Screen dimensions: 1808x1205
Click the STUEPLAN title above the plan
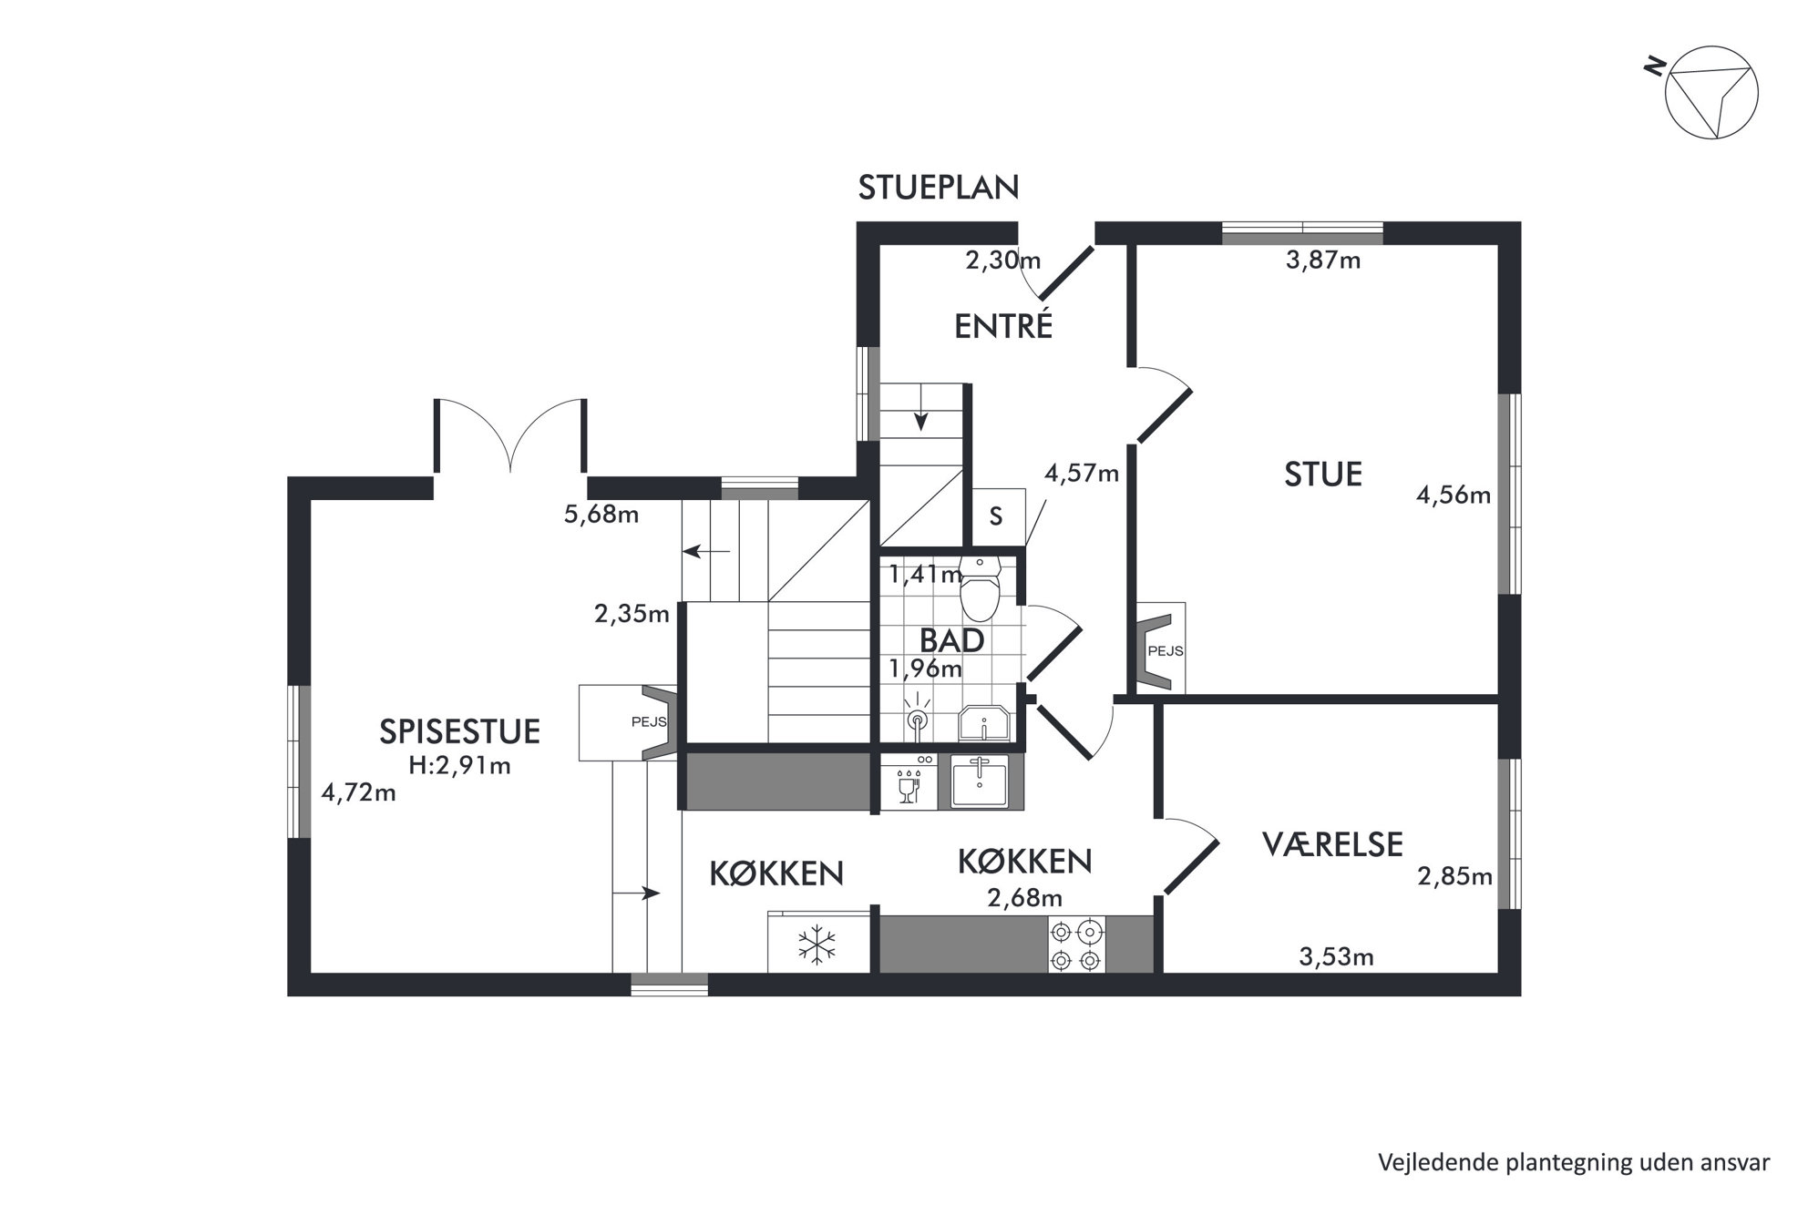coord(939,187)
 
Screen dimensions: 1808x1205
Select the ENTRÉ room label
coord(1003,326)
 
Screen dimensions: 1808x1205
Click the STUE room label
coord(1323,475)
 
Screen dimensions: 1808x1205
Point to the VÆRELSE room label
coord(1332,844)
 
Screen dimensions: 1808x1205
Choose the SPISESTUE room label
coord(459,731)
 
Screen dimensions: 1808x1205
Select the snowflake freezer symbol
coord(817,945)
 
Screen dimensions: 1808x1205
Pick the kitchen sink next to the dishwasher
coord(980,782)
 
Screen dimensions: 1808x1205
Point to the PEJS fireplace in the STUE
coord(1159,650)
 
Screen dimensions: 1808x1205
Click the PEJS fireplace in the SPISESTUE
coord(629,722)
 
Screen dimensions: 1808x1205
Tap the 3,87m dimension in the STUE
coord(1323,260)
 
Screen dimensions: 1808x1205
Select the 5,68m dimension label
coord(601,515)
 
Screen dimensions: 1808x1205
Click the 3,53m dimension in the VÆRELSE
coord(1336,956)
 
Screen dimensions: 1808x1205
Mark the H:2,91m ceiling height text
coord(459,766)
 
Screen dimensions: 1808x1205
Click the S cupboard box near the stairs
coord(997,516)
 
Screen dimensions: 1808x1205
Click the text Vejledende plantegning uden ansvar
coord(1574,1163)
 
